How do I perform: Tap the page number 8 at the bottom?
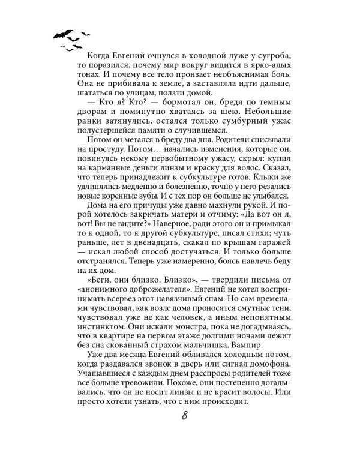180,417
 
